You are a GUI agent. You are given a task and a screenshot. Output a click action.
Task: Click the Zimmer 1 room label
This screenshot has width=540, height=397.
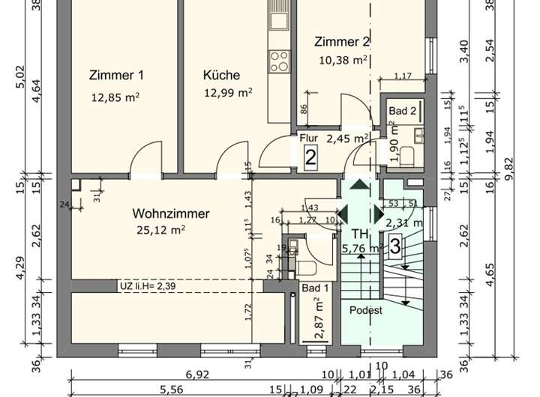(x=115, y=75)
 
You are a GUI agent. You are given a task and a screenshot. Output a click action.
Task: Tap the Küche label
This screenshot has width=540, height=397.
(x=221, y=75)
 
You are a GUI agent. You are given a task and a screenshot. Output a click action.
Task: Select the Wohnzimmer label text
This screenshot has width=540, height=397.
(x=172, y=213)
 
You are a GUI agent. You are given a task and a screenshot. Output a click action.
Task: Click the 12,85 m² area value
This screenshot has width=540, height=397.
(x=115, y=97)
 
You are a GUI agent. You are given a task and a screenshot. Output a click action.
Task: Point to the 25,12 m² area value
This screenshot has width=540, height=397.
(x=160, y=230)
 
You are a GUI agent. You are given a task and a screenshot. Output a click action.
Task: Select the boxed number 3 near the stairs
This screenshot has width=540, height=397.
(x=394, y=244)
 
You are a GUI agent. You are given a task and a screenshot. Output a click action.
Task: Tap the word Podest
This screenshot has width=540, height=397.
(x=366, y=310)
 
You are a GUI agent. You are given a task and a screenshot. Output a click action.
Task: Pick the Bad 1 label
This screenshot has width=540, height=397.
(x=315, y=288)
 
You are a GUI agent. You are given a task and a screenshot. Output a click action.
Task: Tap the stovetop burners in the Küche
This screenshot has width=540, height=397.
(x=279, y=58)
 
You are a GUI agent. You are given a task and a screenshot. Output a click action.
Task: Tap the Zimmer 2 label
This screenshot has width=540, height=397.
(x=342, y=42)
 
